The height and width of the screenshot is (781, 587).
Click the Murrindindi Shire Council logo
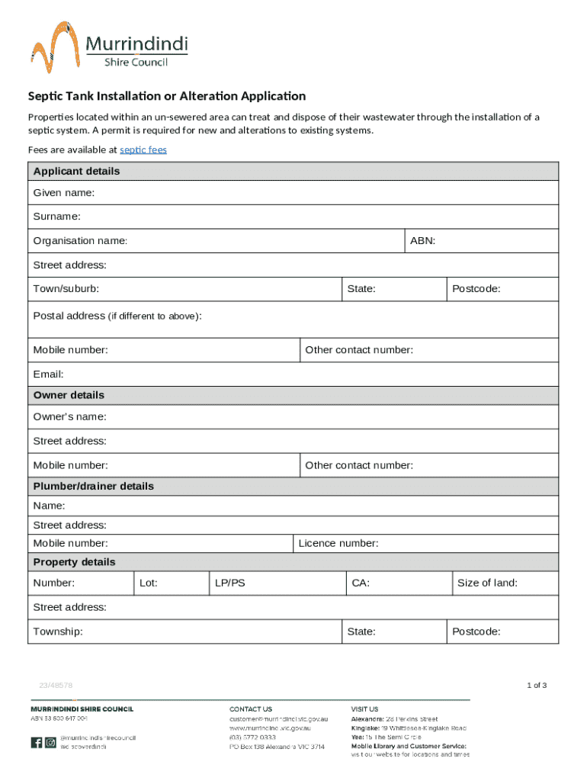point(109,47)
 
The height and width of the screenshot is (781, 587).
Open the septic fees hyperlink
point(143,150)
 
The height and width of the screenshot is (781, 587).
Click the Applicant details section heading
point(76,172)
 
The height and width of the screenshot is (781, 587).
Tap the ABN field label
point(422,241)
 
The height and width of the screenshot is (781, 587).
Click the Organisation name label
point(80,241)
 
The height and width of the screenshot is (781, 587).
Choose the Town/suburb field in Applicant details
point(183,289)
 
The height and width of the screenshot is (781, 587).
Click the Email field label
point(48,374)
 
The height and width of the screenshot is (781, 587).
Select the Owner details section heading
point(69,395)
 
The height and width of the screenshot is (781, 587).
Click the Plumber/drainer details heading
point(93,486)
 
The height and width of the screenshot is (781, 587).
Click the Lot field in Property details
point(171,583)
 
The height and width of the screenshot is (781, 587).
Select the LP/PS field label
point(229,583)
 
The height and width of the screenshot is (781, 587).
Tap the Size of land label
point(487,583)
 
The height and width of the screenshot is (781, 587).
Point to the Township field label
point(58,632)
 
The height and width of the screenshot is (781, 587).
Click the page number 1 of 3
point(537,685)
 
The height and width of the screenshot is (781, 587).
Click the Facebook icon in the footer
point(37,742)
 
